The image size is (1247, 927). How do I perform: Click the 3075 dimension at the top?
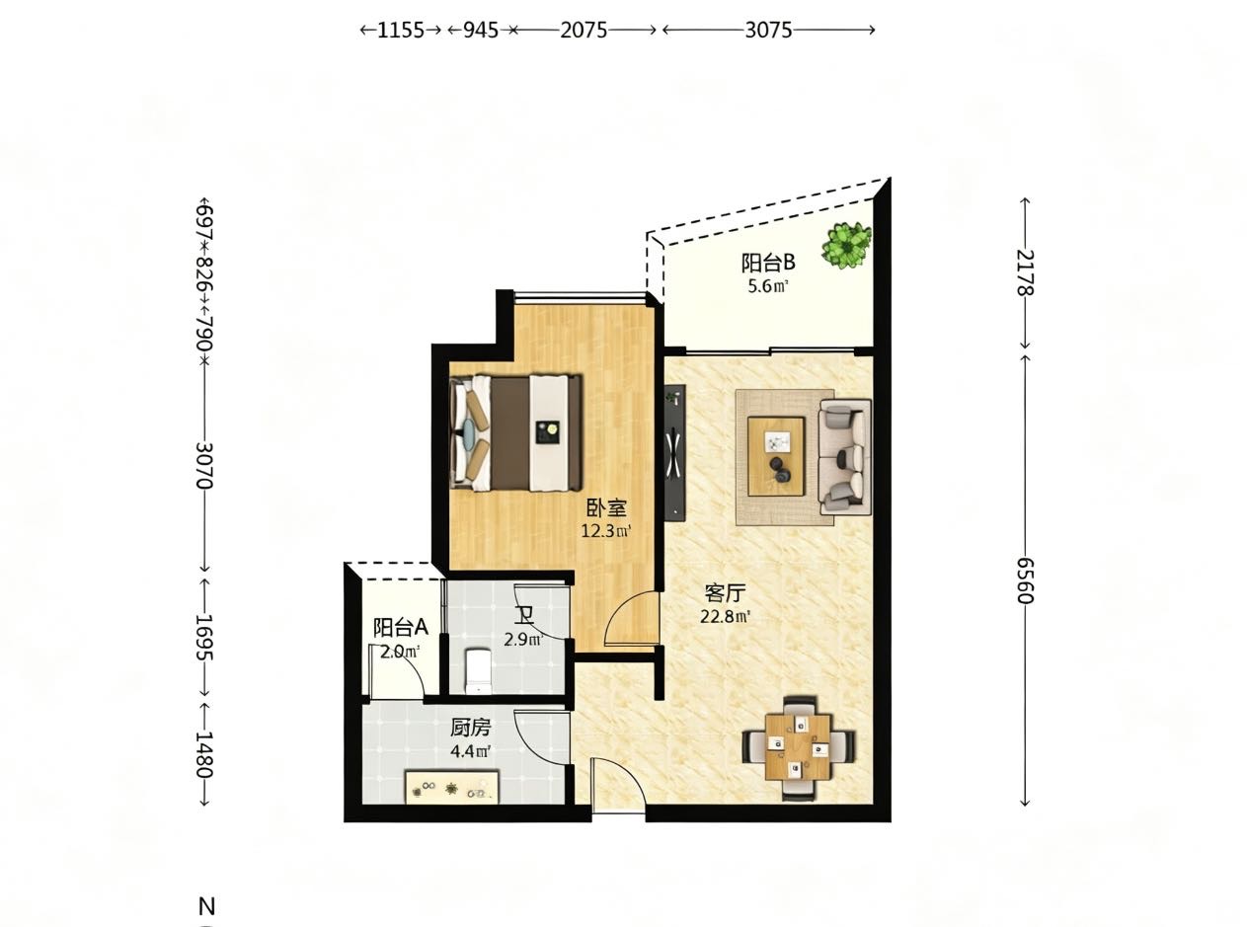(768, 30)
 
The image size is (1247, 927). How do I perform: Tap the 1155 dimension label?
(400, 30)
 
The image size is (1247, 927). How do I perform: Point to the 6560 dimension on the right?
(1025, 580)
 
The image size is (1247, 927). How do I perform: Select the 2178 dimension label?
(1025, 272)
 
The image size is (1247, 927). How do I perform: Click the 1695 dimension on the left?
(204, 637)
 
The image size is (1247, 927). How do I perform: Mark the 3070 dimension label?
(204, 465)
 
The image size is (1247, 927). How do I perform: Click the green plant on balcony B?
(846, 245)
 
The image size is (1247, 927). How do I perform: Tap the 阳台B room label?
(768, 263)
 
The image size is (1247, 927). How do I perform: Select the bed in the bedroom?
(516, 432)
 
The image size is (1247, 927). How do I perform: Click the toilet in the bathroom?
(478, 670)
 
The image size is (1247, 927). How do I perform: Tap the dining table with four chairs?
(799, 748)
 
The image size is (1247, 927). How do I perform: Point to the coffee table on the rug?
(776, 456)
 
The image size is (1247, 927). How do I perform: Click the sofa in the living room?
(844, 456)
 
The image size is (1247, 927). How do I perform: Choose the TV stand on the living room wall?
(674, 452)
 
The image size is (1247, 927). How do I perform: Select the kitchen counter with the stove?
(452, 788)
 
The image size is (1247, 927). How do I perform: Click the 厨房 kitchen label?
(471, 728)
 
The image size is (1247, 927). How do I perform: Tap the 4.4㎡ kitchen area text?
(471, 751)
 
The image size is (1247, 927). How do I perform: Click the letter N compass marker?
(207, 906)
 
